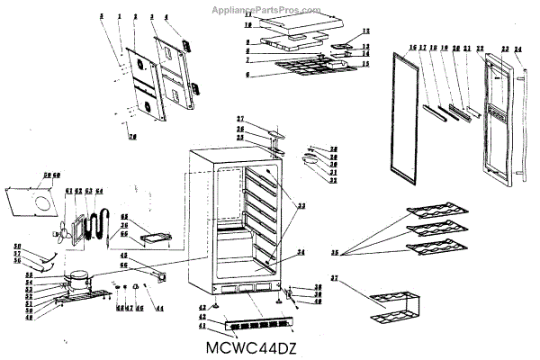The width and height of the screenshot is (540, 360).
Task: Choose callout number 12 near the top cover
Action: click(366, 31)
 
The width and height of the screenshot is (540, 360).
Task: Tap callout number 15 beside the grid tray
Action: click(365, 64)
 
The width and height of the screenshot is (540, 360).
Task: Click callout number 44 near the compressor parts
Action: click(159, 309)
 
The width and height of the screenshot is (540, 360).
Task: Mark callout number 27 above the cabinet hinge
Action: click(241, 120)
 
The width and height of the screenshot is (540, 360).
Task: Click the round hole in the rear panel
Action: click(40, 204)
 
